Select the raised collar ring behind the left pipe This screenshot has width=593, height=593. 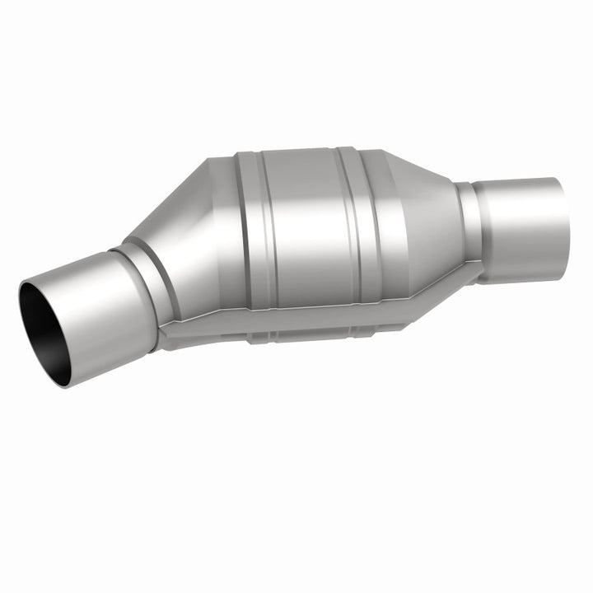152,272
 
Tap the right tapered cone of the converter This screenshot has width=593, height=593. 424,214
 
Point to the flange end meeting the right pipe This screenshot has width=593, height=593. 478,265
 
